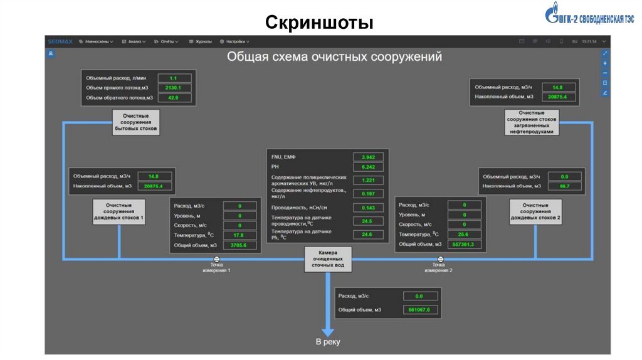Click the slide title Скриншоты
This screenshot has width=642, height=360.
point(319,23)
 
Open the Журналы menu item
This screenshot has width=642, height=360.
point(201,41)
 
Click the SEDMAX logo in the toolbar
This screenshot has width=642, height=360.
point(60,41)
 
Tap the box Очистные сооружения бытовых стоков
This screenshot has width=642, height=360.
point(136,121)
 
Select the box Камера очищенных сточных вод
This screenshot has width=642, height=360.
point(327,258)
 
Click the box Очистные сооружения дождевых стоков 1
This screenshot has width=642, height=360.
point(119,212)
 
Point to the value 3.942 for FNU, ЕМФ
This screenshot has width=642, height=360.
point(369,157)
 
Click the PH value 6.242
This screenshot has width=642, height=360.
point(369,167)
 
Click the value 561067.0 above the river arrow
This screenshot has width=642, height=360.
point(419,310)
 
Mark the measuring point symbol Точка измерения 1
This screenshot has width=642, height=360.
point(216,258)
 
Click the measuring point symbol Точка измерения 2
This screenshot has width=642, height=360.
point(439,258)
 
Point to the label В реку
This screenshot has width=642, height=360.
point(327,342)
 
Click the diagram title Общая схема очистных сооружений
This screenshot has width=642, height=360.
point(334,56)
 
